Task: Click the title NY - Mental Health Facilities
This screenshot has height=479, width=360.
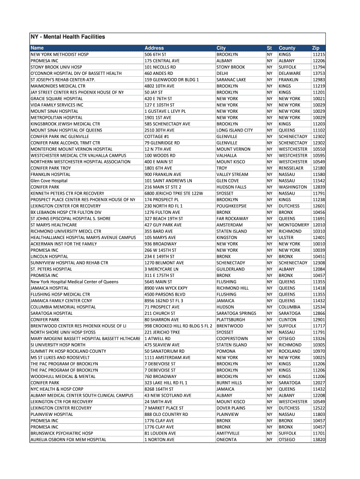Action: [67, 37]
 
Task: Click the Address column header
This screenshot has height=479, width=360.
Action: [154, 48]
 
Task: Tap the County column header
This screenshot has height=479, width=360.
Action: [287, 48]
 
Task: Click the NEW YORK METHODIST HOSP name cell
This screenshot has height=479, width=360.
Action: [59, 55]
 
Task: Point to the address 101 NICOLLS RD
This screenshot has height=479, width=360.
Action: [160, 67]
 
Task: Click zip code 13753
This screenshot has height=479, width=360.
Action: [319, 73]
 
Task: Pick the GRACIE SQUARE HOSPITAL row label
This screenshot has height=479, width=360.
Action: [57, 99]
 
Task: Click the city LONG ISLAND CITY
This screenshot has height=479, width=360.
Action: [235, 130]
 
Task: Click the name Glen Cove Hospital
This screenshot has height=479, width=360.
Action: [49, 181]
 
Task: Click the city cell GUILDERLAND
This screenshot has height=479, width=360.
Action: [230, 269]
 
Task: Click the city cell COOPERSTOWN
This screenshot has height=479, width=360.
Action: [232, 338]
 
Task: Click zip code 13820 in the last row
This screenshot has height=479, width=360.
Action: [319, 440]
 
